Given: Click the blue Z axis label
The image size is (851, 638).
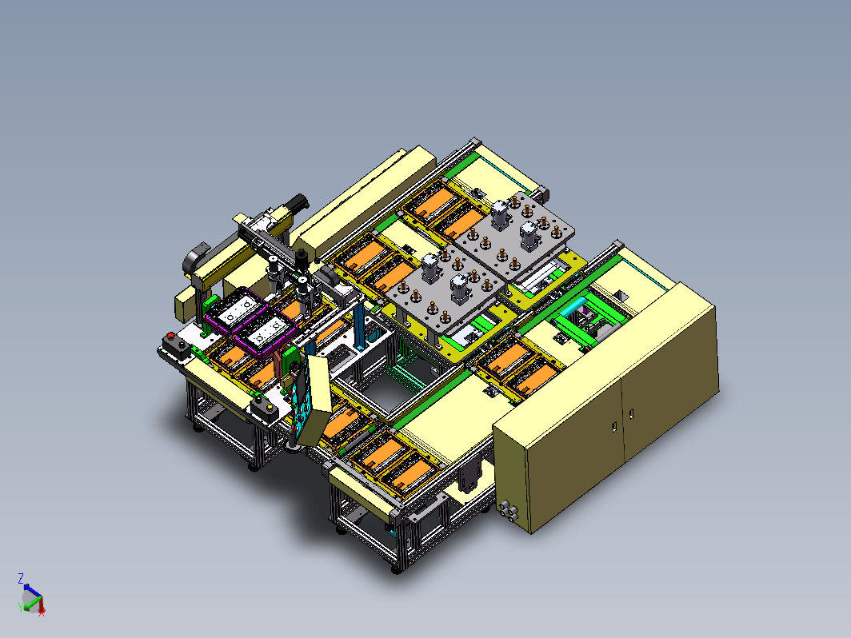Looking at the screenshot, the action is pyautogui.click(x=21, y=578).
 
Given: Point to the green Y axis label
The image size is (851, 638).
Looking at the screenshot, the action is pyautogui.click(x=21, y=607).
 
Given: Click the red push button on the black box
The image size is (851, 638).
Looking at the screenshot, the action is pyautogui.click(x=171, y=336).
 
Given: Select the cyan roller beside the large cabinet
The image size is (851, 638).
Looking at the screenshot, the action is pyautogui.click(x=573, y=307).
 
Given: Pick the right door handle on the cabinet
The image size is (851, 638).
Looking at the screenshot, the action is pyautogui.click(x=631, y=414).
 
